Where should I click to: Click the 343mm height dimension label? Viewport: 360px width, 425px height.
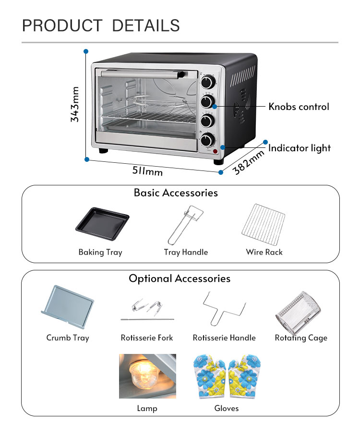75,104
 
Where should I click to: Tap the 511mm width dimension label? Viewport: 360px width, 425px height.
148,170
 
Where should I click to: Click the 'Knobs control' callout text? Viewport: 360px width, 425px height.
299,107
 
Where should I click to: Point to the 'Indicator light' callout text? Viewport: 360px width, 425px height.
300,148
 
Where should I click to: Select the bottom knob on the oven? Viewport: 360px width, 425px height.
208,139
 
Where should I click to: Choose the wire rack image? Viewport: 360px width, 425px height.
264,224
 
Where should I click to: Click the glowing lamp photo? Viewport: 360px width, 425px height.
147,376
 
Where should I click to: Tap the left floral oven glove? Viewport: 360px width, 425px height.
209,376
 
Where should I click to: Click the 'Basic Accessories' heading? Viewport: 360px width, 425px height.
175,193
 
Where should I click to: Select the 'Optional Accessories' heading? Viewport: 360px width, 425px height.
179,279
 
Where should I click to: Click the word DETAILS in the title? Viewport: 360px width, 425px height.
145,25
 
